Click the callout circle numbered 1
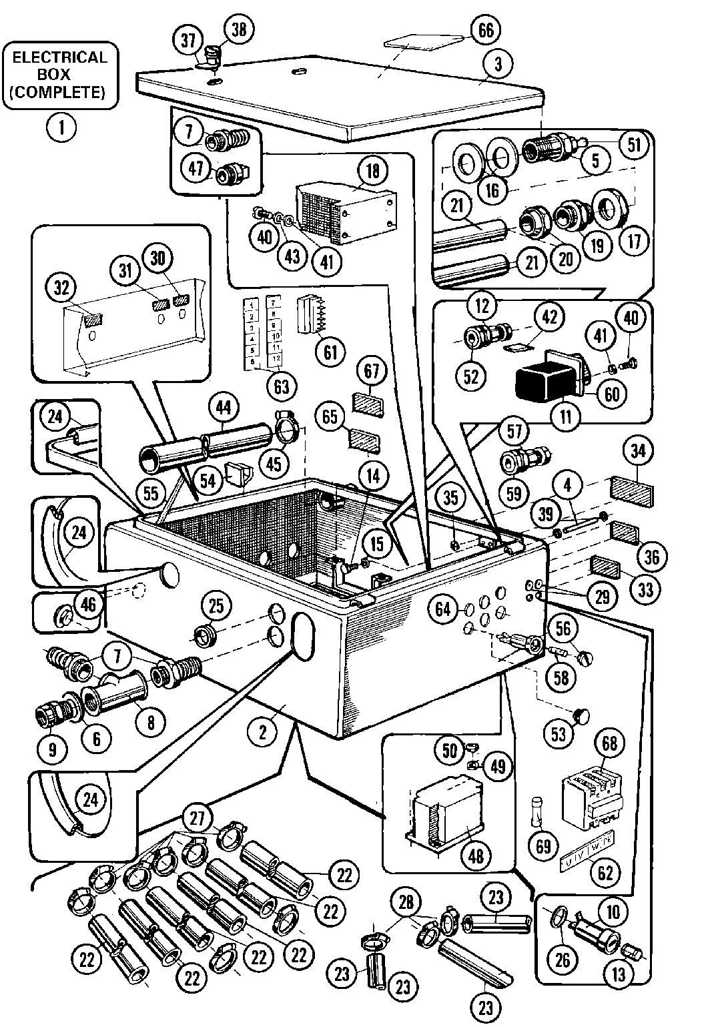(x=61, y=126)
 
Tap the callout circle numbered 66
(x=486, y=30)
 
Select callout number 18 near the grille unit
(x=372, y=170)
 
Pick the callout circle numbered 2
(x=263, y=733)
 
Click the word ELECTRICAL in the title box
(x=60, y=57)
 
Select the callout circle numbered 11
(x=565, y=418)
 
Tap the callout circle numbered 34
(x=638, y=452)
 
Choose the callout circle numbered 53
(x=559, y=734)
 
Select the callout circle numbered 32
(x=61, y=288)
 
